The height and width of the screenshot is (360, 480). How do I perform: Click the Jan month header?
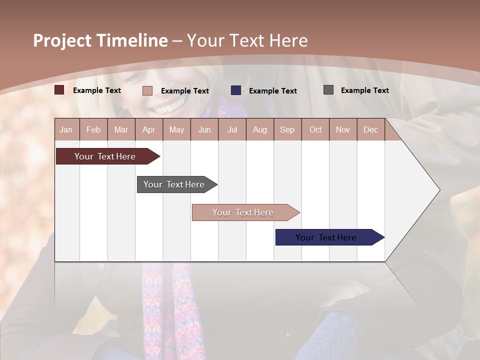[x=66, y=129]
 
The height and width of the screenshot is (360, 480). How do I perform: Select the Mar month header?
[x=121, y=129]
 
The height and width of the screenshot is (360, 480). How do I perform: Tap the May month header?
[x=176, y=129]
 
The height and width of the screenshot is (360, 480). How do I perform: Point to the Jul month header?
[x=232, y=129]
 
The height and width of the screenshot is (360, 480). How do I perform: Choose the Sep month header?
[x=287, y=129]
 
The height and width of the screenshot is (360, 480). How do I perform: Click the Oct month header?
[x=315, y=129]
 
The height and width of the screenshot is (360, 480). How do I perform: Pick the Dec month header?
[x=370, y=129]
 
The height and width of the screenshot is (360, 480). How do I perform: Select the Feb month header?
[x=93, y=129]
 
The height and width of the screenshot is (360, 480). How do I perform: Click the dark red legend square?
[x=59, y=90]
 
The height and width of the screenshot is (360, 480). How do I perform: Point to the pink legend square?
[x=147, y=90]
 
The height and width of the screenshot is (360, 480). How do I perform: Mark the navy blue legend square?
[x=236, y=90]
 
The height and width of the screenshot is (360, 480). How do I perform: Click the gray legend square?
[x=328, y=90]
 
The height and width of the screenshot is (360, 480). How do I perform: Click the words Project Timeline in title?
[x=100, y=40]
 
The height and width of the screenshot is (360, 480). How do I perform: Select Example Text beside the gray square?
[x=364, y=90]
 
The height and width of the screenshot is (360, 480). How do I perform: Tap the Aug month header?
[x=260, y=129]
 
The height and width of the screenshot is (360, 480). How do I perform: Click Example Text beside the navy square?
[x=272, y=91]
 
